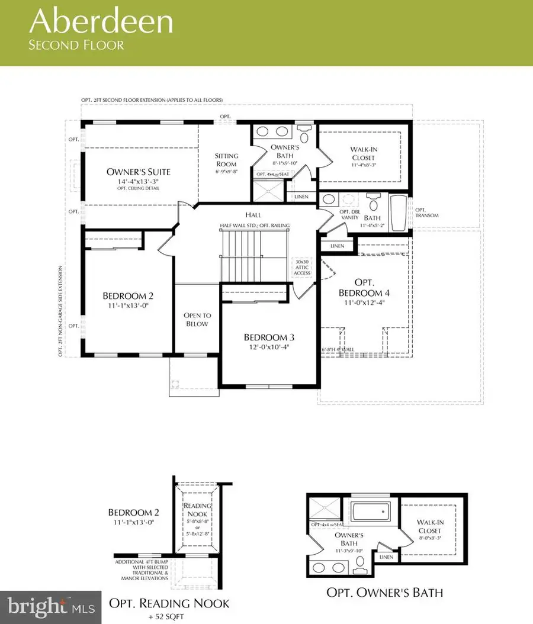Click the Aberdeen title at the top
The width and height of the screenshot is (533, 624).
(102, 21)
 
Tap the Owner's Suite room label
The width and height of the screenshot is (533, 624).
(139, 172)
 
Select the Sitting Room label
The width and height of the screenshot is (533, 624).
(226, 160)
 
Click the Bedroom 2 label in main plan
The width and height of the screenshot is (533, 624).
(129, 296)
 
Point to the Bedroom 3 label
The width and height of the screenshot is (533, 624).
(269, 337)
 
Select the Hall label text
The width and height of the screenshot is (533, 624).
(255, 215)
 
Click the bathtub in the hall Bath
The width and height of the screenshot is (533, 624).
(399, 213)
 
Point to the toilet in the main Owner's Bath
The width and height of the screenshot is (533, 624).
(304, 134)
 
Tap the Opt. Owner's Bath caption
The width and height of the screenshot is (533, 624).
(385, 592)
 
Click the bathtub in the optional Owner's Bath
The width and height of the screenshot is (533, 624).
(368, 511)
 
